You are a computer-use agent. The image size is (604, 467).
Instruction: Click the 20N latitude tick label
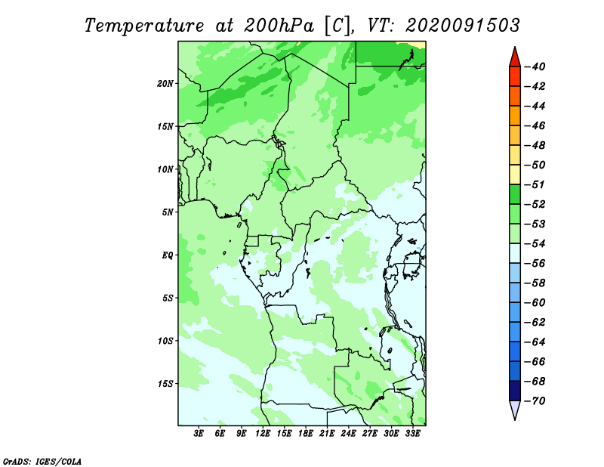pos(165,84)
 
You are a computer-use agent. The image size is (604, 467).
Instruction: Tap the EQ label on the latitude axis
pos(168,255)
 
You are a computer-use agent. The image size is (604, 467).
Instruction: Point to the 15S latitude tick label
pos(165,384)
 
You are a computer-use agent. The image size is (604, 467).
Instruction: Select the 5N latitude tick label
pos(168,212)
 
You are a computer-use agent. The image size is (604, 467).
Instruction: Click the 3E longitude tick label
pos(199,433)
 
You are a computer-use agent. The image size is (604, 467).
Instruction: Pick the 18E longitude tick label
pos(306,433)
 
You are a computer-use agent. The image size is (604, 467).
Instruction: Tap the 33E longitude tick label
pos(412,433)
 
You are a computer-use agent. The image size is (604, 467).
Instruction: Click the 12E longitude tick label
pos(263,433)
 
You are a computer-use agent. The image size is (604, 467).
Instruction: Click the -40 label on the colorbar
pos(535,66)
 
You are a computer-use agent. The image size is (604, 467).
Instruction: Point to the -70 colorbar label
pos(535,401)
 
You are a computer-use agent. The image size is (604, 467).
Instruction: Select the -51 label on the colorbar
pos(535,184)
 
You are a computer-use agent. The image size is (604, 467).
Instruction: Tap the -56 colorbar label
pos(535,264)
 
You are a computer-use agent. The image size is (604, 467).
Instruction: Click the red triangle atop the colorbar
pos(515,58)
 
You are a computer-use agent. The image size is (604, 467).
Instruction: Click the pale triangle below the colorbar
pos(515,409)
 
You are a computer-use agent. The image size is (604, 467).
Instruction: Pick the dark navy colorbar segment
pos(515,391)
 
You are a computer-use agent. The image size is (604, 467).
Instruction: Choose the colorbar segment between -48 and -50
pos(515,155)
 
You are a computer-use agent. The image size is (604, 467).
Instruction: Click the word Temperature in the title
pos(144,26)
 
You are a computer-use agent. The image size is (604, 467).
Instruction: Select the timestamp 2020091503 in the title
pos(463,26)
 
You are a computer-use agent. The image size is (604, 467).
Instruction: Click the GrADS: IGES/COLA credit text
pos(42,462)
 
